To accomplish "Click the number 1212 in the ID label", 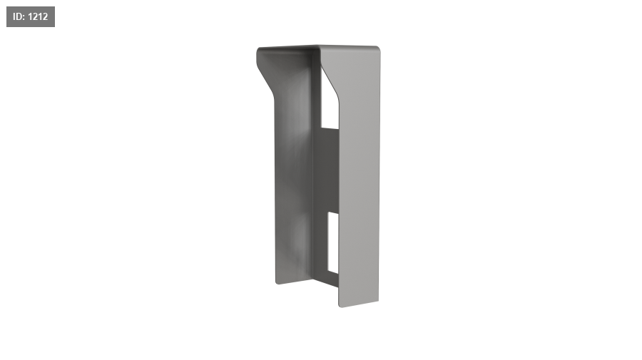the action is tap(38, 17).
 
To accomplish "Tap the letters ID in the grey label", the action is tap(19, 17).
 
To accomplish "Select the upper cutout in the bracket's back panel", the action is tap(329, 99).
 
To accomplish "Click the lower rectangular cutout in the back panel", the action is tap(333, 242).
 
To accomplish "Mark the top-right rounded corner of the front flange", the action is tap(377, 49).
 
